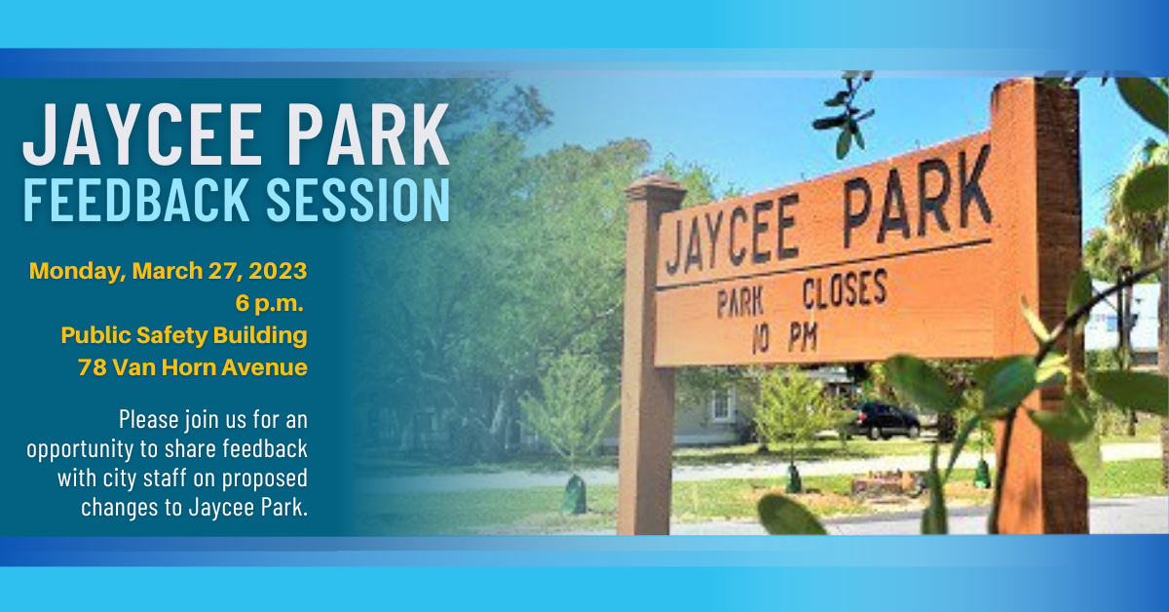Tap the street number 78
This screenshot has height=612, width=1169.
point(92,367)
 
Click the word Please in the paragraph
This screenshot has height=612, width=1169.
point(149,421)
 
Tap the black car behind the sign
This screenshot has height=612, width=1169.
point(884,420)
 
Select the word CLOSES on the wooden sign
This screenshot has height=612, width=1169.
point(844,292)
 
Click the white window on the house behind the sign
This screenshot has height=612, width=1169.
point(723,404)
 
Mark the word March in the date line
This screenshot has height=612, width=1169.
point(164,270)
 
